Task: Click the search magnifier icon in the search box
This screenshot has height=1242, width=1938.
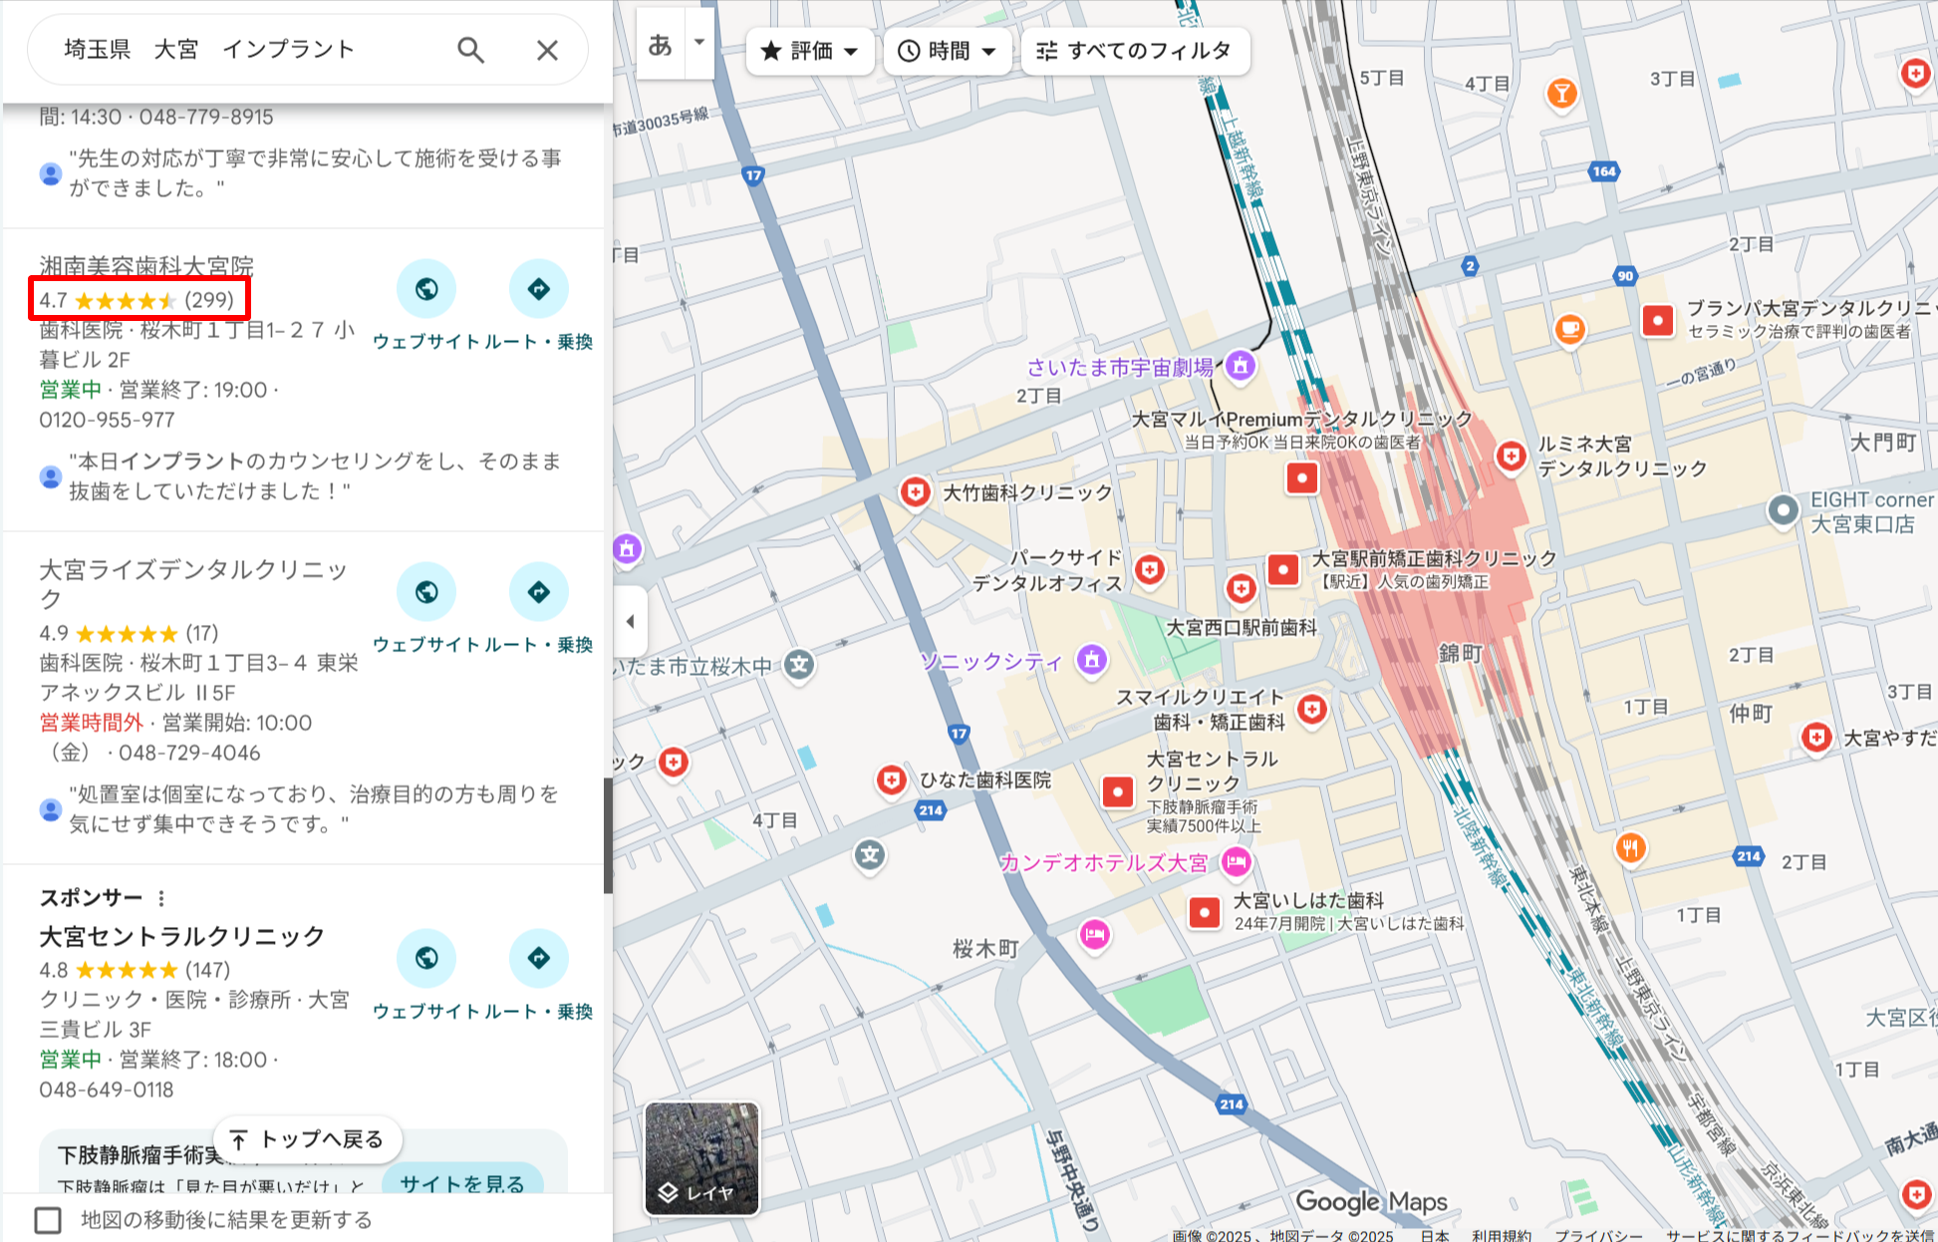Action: click(x=470, y=50)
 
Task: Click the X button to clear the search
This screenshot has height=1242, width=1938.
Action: click(x=547, y=50)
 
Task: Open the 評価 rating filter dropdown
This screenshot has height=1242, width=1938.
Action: click(x=809, y=51)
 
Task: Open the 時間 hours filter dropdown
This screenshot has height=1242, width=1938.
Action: click(x=947, y=51)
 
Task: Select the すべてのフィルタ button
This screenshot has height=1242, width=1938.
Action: click(x=1134, y=51)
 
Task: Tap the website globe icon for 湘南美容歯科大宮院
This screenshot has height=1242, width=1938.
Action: click(x=426, y=289)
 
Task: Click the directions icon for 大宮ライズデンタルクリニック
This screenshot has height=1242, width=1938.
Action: click(x=538, y=592)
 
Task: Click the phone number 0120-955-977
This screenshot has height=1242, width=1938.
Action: click(x=107, y=420)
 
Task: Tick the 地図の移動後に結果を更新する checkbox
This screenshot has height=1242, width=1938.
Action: click(x=48, y=1219)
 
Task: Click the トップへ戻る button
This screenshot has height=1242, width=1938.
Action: click(x=307, y=1139)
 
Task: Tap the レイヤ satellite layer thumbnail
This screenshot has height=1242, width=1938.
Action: click(x=701, y=1158)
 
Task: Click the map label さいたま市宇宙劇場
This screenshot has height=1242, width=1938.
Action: click(x=1120, y=367)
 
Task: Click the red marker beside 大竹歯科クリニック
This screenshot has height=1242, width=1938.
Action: click(x=915, y=491)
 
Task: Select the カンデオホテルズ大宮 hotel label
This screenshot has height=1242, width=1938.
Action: click(x=1103, y=862)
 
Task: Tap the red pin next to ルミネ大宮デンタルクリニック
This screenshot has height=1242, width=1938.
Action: click(x=1512, y=456)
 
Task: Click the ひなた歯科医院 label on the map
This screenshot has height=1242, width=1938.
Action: click(x=984, y=779)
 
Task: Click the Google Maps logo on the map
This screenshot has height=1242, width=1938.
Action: click(x=1371, y=1202)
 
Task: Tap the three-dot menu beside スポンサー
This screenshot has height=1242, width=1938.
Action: click(x=161, y=898)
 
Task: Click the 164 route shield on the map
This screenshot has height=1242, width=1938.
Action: click(x=1603, y=171)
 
